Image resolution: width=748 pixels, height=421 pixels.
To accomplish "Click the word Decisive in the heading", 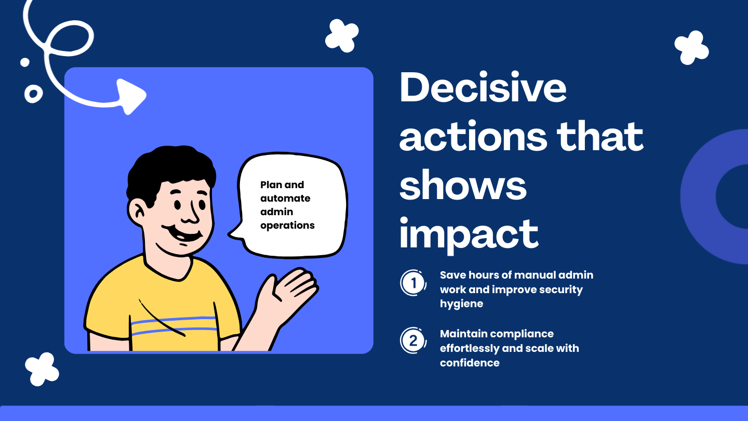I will tap(483, 88).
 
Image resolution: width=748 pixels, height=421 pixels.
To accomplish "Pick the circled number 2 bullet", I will tap(413, 341).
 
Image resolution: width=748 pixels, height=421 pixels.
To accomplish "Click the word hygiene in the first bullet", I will tap(461, 304).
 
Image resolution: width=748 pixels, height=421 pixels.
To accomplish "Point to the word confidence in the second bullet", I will tap(470, 363).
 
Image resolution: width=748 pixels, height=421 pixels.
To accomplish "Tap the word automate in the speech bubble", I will tap(285, 199).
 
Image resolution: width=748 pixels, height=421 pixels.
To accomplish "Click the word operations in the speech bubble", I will tap(287, 226).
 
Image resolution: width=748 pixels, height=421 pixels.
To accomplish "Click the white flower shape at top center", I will tap(342, 35).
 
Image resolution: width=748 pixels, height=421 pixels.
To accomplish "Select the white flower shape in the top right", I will tap(691, 47).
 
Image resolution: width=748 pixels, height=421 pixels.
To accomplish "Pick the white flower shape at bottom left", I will tap(42, 369).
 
